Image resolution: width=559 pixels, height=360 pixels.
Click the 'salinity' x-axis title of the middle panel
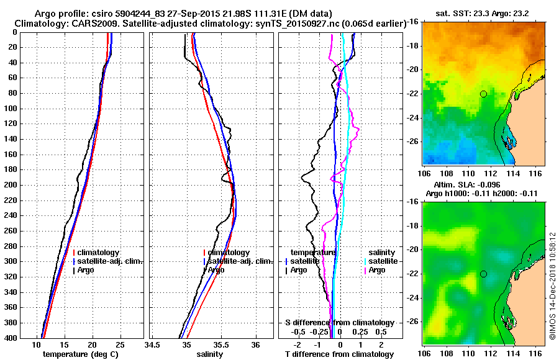(210, 354)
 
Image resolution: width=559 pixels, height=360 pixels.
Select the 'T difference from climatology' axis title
(339, 354)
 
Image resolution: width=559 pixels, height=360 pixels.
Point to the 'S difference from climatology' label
(339, 323)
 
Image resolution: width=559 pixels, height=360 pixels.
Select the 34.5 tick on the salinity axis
(153, 344)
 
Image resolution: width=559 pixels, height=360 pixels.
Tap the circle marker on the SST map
(483, 94)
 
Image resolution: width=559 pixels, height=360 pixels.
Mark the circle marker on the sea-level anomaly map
(483, 274)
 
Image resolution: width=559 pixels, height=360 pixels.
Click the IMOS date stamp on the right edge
(552, 286)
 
